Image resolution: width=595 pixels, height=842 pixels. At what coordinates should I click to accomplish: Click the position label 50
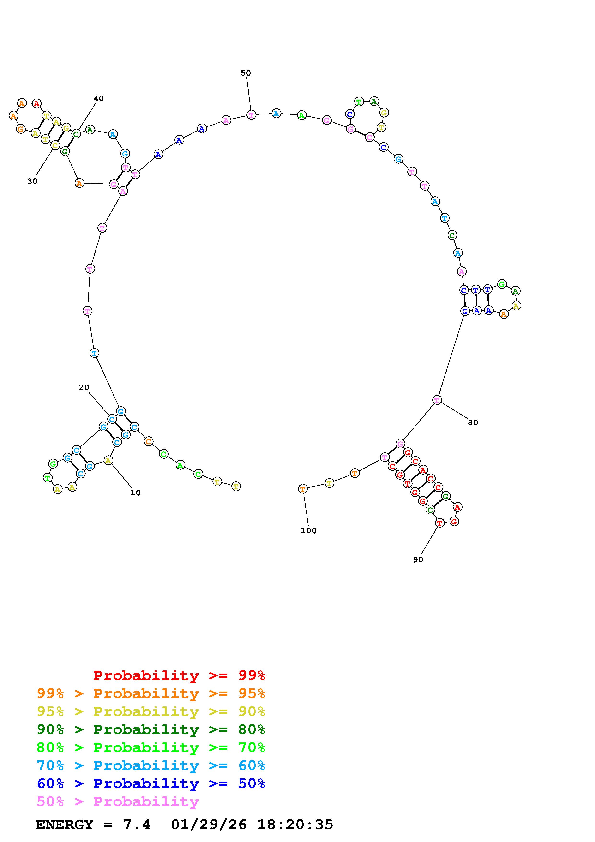click(x=246, y=73)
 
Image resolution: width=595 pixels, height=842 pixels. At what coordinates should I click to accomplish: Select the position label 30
click(x=32, y=181)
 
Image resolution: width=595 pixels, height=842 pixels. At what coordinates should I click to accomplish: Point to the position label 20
click(x=84, y=387)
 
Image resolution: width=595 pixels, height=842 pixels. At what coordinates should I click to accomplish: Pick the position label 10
click(x=136, y=493)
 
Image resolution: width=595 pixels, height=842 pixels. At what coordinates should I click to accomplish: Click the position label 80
click(x=473, y=422)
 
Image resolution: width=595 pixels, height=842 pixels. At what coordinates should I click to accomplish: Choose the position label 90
click(x=418, y=560)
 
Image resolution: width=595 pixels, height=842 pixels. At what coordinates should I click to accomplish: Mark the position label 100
click(x=309, y=531)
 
